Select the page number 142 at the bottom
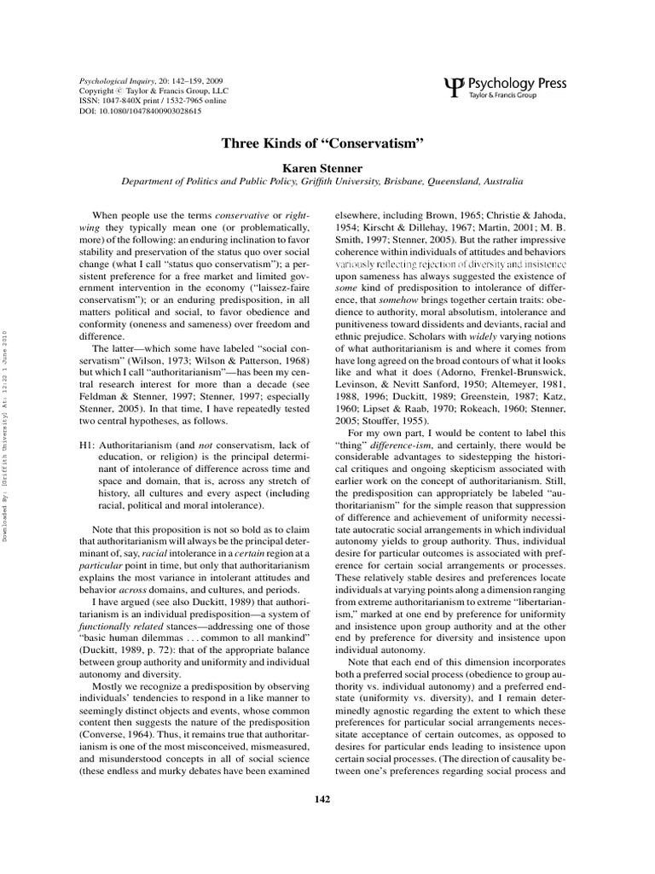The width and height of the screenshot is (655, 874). [x=327, y=800]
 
